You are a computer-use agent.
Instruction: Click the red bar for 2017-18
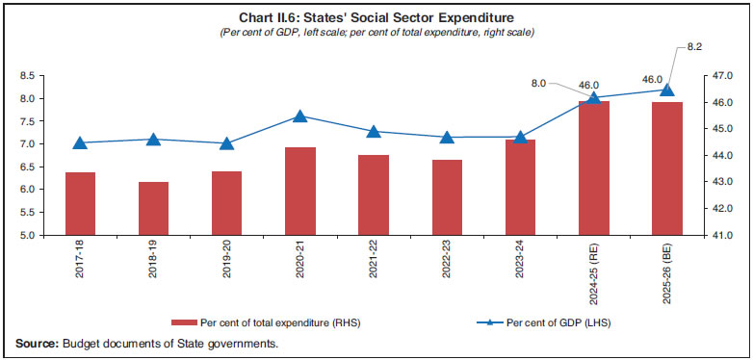[x=80, y=203]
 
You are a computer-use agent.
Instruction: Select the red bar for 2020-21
[x=299, y=191]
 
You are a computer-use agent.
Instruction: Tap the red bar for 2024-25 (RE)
[x=593, y=167]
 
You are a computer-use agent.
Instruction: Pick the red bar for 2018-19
[x=153, y=208]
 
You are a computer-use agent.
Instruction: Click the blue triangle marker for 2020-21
[x=299, y=116]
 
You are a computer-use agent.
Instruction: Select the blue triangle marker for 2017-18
[x=80, y=142]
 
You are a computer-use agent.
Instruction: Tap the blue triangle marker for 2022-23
[x=447, y=137]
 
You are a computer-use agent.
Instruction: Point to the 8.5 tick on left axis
[x=32, y=76]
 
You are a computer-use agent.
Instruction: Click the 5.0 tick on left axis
[x=32, y=235]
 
